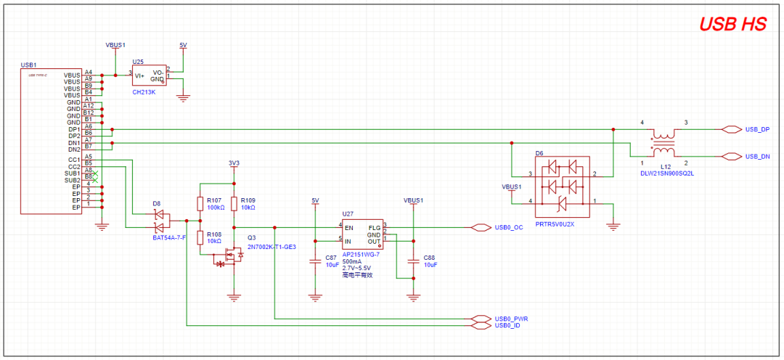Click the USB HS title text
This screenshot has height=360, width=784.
tap(732, 24)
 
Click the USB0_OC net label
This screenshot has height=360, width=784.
tap(508, 227)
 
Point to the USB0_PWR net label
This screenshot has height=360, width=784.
tap(510, 319)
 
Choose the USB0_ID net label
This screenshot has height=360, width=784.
tap(507, 325)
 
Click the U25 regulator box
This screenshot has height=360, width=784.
tap(148, 75)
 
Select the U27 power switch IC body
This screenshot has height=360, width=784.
tap(362, 234)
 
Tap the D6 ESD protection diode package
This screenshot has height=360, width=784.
tap(561, 187)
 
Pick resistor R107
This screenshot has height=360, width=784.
tap(200, 202)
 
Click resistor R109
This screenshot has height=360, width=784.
tap(234, 202)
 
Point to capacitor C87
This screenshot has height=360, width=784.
tap(315, 262)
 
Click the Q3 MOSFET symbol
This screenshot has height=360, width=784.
tap(231, 255)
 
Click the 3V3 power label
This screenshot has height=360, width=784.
tap(233, 163)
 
